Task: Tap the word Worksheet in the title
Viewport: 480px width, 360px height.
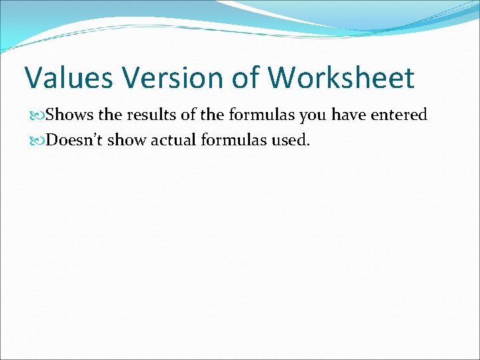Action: tap(341, 78)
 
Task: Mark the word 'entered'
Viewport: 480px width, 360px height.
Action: tap(399, 115)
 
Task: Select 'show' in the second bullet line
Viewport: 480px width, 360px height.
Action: tap(134, 141)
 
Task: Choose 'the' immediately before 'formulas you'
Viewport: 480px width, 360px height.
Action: tap(213, 115)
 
